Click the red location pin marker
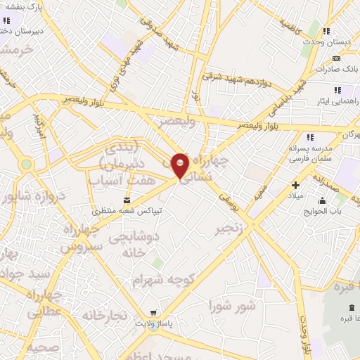(x=181, y=165)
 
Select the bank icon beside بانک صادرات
(x=337, y=58)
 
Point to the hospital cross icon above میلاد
(x=296, y=185)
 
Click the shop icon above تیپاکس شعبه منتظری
(x=127, y=199)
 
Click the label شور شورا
(x=233, y=306)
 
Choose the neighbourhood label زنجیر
(x=231, y=229)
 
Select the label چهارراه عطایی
(x=45, y=300)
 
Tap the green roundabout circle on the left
(x=27, y=165)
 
